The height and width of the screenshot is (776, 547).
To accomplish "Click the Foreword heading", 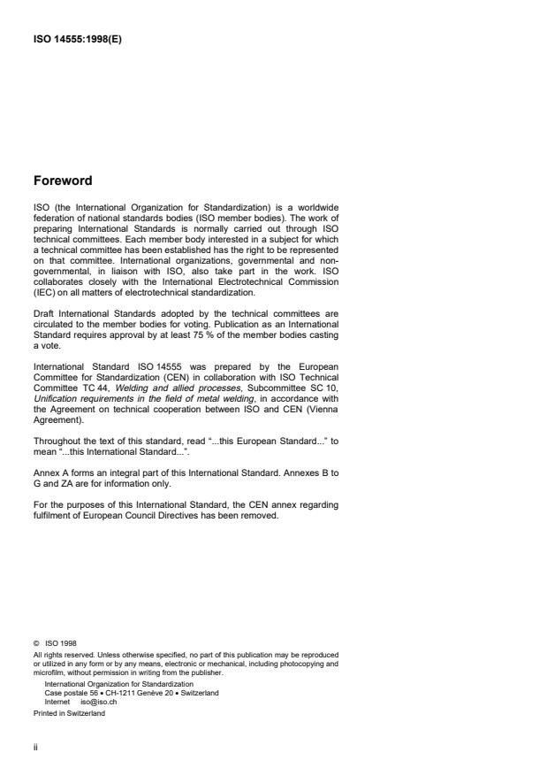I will (x=63, y=181).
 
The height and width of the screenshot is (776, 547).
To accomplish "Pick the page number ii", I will (x=35, y=745).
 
